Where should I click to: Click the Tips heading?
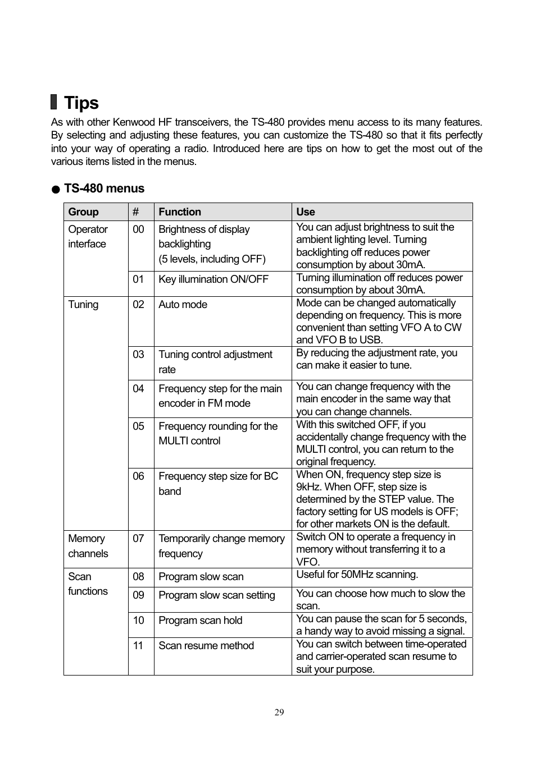(81, 103)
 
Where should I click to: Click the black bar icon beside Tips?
(54, 102)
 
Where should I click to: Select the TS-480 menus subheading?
(104, 189)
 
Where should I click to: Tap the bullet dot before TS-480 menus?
(56, 190)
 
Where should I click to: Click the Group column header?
(83, 212)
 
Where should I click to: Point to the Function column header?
(180, 212)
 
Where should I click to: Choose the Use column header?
(306, 212)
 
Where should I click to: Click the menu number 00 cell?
(139, 229)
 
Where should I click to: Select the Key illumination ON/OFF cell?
(214, 279)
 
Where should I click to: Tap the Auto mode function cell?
(183, 305)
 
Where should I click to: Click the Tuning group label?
(83, 305)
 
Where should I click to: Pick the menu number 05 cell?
(139, 426)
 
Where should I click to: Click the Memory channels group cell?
(88, 546)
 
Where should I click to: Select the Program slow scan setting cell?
(217, 595)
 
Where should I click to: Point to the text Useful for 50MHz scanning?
(357, 575)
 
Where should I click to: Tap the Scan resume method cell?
(206, 646)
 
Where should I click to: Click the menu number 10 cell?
(139, 621)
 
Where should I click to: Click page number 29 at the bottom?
(279, 713)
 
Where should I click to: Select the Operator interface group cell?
(88, 237)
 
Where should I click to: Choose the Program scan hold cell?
(201, 621)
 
